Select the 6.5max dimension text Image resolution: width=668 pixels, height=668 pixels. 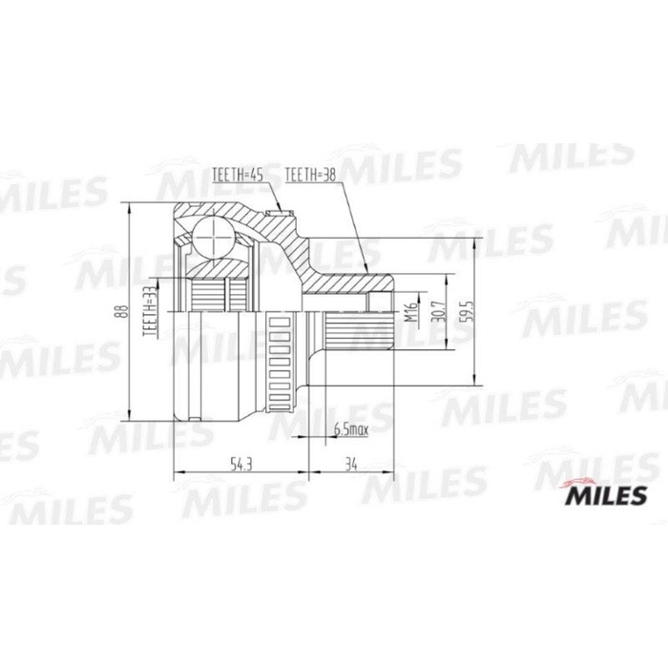pos(350,430)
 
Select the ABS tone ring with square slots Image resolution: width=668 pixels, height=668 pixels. pos(281,362)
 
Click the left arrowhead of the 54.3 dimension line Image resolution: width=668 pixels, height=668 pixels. pos(177,473)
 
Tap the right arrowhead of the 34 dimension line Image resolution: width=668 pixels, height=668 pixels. pos(388,473)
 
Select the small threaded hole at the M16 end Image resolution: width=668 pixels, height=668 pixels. pos(383,303)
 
